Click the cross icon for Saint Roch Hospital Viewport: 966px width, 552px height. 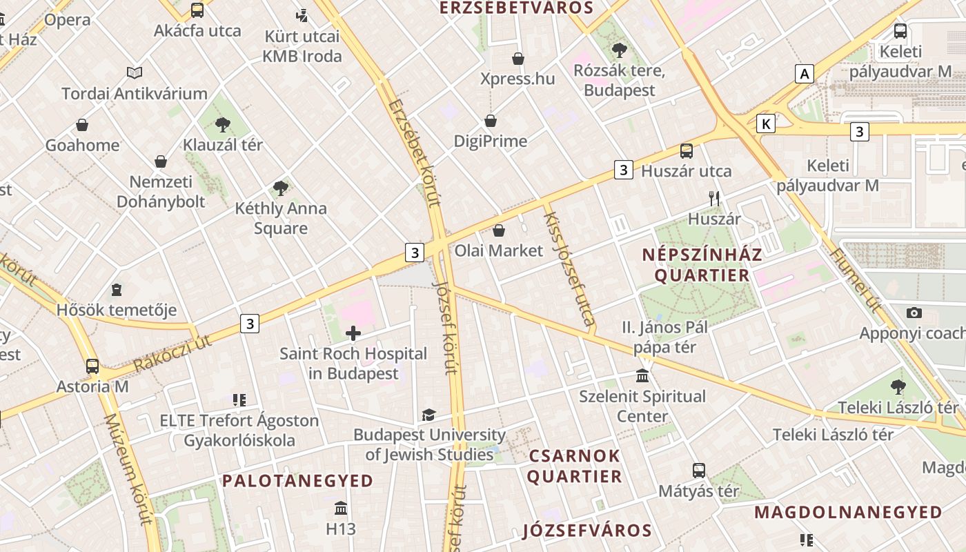pyautogui.click(x=353, y=334)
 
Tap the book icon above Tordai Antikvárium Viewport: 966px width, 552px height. pyautogui.click(x=135, y=72)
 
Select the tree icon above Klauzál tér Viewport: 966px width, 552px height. pyautogui.click(x=222, y=125)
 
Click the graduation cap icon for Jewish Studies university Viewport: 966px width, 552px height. pyautogui.click(x=428, y=415)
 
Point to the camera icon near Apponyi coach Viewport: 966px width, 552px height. pyautogui.click(x=914, y=313)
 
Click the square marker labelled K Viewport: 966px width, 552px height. pyautogui.click(x=765, y=124)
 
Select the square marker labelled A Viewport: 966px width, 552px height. pyautogui.click(x=803, y=74)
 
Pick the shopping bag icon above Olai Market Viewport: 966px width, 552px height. pyautogui.click(x=498, y=230)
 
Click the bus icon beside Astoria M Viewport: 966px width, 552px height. pyautogui.click(x=92, y=366)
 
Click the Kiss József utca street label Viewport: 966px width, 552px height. pyautogui.click(x=570, y=268)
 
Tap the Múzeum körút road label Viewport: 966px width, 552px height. pyautogui.click(x=128, y=469)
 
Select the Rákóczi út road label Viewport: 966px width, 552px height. pyautogui.click(x=172, y=353)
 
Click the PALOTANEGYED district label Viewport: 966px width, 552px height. pyautogui.click(x=297, y=481)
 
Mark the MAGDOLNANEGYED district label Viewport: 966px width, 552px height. pyautogui.click(x=848, y=513)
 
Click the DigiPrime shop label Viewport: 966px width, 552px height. pyautogui.click(x=490, y=141)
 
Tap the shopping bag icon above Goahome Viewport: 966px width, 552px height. pyautogui.click(x=82, y=125)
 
